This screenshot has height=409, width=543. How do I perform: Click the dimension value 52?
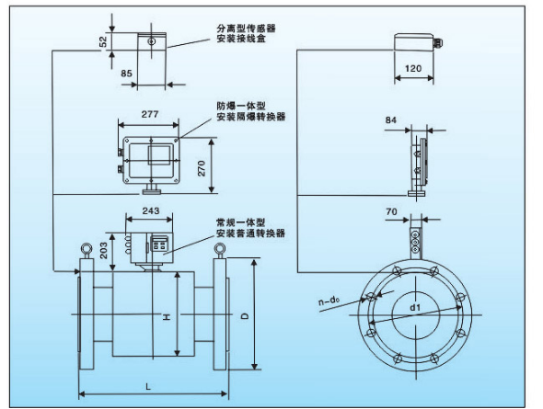(x=103, y=41)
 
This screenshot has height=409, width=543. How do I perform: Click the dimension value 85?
(x=126, y=74)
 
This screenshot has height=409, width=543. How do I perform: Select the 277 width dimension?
(x=150, y=114)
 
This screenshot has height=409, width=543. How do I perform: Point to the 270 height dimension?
(x=202, y=168)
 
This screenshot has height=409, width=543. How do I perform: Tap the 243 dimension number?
(x=151, y=210)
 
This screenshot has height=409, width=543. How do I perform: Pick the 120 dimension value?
(x=413, y=68)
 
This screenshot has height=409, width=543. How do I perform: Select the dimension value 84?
(x=391, y=120)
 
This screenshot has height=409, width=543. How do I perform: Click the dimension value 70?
(x=391, y=211)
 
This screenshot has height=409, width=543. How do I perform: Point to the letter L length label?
(x=148, y=386)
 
